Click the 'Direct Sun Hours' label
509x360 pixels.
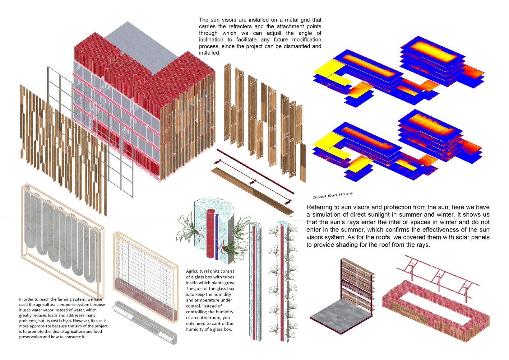pyautogui.click(x=332, y=195)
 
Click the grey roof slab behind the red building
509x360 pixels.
pyautogui.click(x=146, y=40)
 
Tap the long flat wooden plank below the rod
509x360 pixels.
pyautogui.click(x=252, y=191)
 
